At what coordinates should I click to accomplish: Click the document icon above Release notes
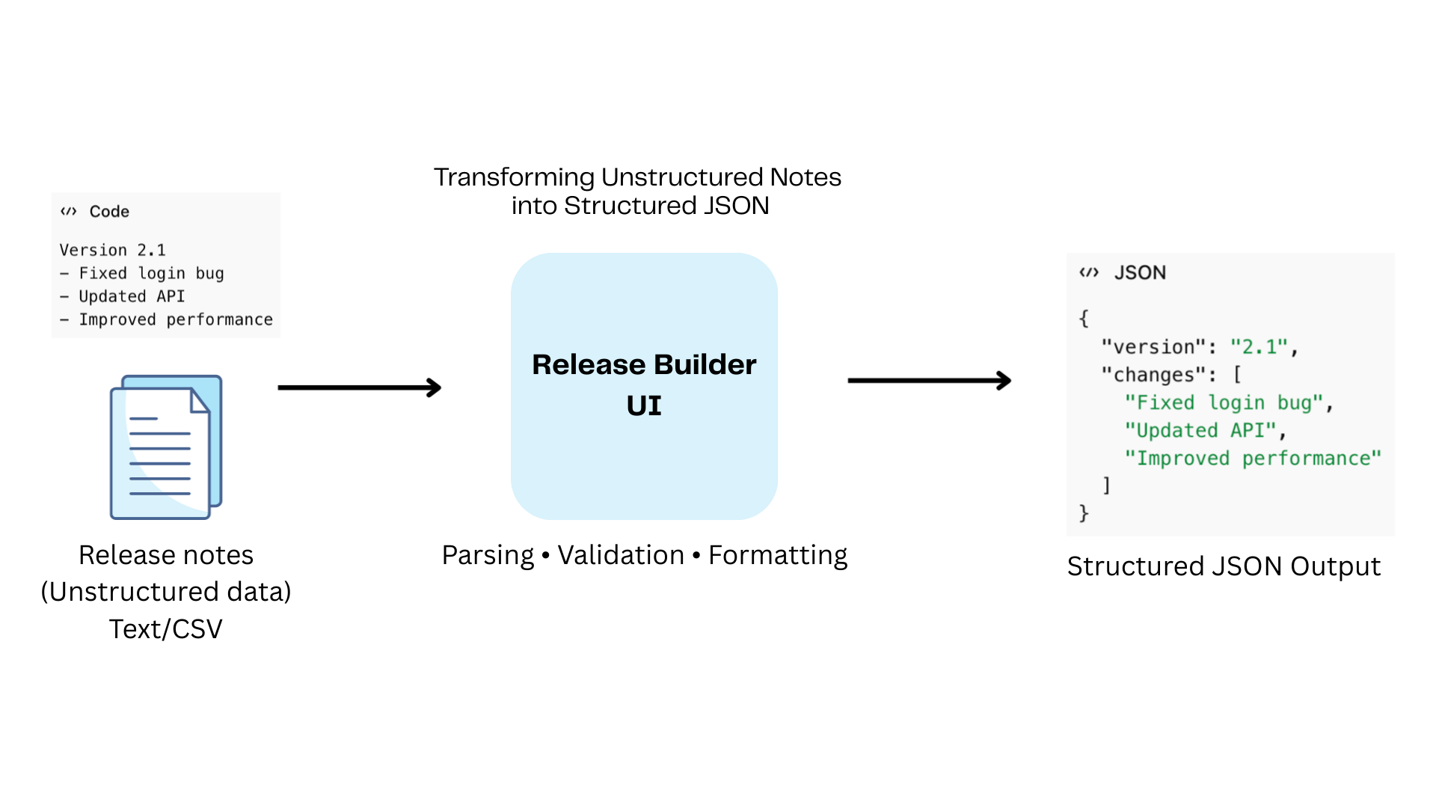(x=166, y=447)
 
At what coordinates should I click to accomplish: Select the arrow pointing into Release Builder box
(x=360, y=388)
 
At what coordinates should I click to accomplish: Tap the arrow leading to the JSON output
(x=929, y=381)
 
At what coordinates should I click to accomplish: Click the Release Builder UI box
(x=644, y=386)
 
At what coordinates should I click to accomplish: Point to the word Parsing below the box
(x=488, y=556)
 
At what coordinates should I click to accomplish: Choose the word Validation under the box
(x=621, y=556)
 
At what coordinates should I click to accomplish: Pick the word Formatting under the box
(x=778, y=556)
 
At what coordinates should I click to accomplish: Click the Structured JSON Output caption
(x=1224, y=566)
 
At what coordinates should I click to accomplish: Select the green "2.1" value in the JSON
(x=1259, y=347)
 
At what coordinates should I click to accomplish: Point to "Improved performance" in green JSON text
(x=1253, y=458)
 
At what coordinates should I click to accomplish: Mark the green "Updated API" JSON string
(x=1201, y=430)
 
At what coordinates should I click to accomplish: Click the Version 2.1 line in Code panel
(x=113, y=250)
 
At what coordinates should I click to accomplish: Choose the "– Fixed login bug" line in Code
(x=142, y=273)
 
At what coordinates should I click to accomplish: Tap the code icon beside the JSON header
(x=1089, y=272)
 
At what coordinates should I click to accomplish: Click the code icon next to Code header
(x=69, y=212)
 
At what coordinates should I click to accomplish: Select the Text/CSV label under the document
(x=166, y=629)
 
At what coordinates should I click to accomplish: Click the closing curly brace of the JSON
(x=1084, y=513)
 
